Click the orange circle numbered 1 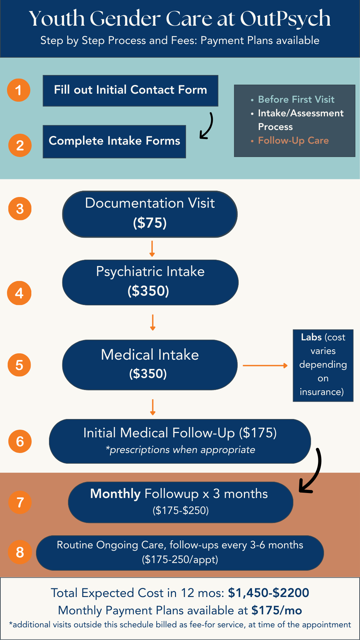click(19, 90)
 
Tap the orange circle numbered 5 click(19, 365)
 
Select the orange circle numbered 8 click(20, 552)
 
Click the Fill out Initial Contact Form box click(130, 91)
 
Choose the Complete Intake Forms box click(114, 141)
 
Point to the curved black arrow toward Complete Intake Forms click(207, 126)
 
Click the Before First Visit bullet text click(296, 99)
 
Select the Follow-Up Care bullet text click(293, 140)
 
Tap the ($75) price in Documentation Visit click(150, 223)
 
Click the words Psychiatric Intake click(150, 271)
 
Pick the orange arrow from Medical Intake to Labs click(265, 366)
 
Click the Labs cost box click(323, 365)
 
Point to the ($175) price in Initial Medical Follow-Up click(258, 433)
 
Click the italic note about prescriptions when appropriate click(180, 450)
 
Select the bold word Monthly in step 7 click(115, 494)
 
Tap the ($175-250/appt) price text click(180, 559)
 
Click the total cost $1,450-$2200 click(268, 593)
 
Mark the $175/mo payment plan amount click(277, 610)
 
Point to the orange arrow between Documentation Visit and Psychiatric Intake click(152, 249)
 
